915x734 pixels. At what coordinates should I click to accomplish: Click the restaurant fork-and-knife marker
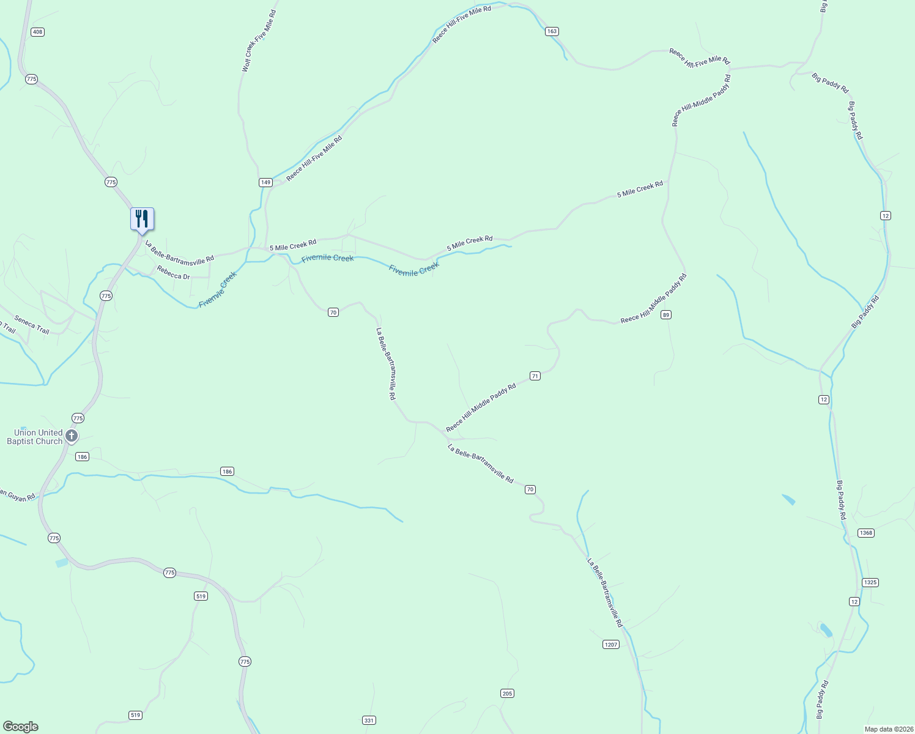pyautogui.click(x=142, y=219)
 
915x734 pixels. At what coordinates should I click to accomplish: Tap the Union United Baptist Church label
pyautogui.click(x=35, y=437)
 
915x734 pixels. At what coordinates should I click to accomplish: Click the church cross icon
pyautogui.click(x=72, y=436)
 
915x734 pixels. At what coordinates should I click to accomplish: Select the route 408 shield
pyautogui.click(x=37, y=32)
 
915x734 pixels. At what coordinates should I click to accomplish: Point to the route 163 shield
pyautogui.click(x=552, y=31)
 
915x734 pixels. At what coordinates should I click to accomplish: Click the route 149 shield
pyautogui.click(x=265, y=182)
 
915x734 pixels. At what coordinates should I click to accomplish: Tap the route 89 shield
pyautogui.click(x=666, y=314)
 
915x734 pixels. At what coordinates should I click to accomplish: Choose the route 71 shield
pyautogui.click(x=535, y=376)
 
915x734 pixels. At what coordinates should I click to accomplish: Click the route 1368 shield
pyautogui.click(x=866, y=533)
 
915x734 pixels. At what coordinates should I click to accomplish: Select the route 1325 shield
pyautogui.click(x=870, y=582)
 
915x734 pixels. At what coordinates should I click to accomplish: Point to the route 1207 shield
pyautogui.click(x=611, y=644)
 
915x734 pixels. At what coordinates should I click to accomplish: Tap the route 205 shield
pyautogui.click(x=507, y=693)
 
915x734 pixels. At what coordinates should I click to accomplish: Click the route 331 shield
pyautogui.click(x=369, y=720)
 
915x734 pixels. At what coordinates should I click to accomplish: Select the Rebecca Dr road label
pyautogui.click(x=173, y=273)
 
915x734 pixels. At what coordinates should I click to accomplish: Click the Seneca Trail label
pyautogui.click(x=32, y=325)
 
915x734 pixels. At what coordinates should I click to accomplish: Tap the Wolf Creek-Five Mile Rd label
pyautogui.click(x=259, y=41)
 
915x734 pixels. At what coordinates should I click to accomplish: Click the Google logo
pyautogui.click(x=20, y=727)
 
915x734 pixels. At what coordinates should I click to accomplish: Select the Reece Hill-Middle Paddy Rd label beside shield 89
pyautogui.click(x=653, y=299)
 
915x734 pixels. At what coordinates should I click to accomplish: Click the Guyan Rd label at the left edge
pyautogui.click(x=17, y=496)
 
